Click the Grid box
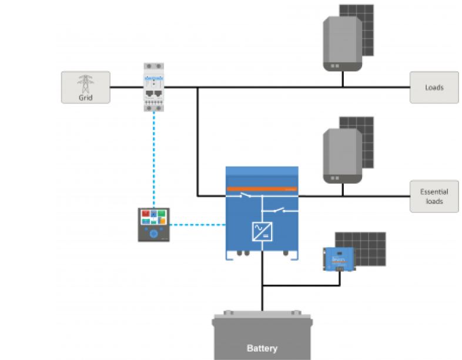pos(85,87)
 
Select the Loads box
pos(434,87)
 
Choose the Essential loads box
pos(434,196)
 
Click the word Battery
pos(262,348)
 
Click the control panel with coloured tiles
pos(153,224)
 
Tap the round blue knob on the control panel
pos(153,234)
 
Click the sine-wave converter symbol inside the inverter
pos(262,231)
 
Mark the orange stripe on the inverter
pos(262,189)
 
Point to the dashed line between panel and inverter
pos(197,224)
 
